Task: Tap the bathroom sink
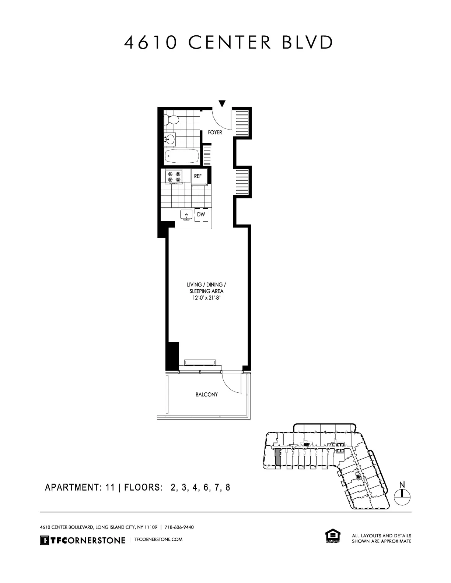coord(170,139)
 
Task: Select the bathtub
coord(182,156)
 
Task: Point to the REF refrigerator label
coord(198,176)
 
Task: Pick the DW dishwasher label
coord(201,214)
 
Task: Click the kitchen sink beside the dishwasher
coord(186,215)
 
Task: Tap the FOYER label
coord(215,132)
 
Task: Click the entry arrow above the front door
coord(222,104)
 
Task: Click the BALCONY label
coord(206,395)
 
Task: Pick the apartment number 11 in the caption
coord(109,488)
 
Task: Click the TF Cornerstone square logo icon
coord(45,540)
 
